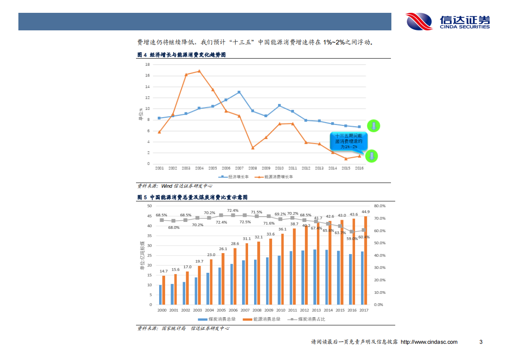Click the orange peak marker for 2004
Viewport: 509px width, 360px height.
(x=199, y=71)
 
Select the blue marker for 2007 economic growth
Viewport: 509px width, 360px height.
(x=239, y=92)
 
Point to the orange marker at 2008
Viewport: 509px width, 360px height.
(x=252, y=148)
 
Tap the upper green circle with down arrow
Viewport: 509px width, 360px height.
(x=373, y=126)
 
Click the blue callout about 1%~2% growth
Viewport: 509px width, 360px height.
(x=349, y=141)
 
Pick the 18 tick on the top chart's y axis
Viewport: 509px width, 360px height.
(x=147, y=65)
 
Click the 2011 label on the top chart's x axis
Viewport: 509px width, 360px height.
(x=293, y=168)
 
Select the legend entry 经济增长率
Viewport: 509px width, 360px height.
(x=234, y=177)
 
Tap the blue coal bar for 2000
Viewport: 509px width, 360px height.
(x=160, y=295)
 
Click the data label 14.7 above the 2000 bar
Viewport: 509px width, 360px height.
(x=163, y=271)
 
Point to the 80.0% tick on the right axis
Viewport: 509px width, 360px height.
(x=380, y=206)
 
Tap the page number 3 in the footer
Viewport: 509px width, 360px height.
(x=481, y=342)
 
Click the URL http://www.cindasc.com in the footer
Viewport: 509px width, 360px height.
(x=429, y=342)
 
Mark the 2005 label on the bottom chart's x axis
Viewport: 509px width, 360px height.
(x=222, y=310)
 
